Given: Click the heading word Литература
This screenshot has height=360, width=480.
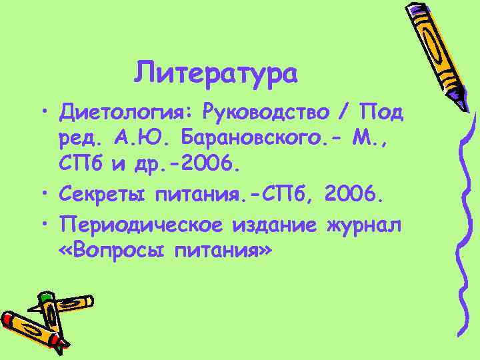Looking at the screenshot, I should pos(215,72).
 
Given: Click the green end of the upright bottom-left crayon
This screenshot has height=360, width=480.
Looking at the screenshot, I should pos(45,295).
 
